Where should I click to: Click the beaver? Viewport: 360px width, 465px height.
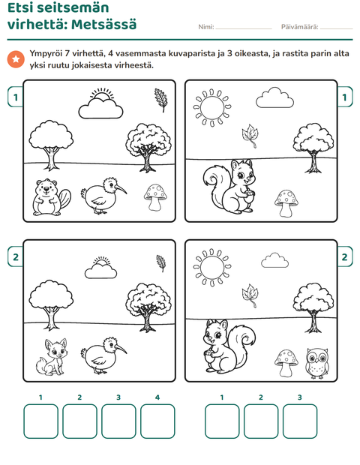click(x=50, y=197)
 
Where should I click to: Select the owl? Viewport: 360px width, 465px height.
click(x=317, y=363)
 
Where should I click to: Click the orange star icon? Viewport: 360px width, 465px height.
click(x=16, y=59)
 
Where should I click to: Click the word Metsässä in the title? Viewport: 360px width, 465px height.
click(x=103, y=24)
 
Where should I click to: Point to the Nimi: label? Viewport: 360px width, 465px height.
click(x=206, y=27)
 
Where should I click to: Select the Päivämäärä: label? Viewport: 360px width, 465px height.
click(x=299, y=27)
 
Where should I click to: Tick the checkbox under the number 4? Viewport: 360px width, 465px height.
click(x=157, y=421)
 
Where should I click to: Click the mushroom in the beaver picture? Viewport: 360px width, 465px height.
click(x=155, y=197)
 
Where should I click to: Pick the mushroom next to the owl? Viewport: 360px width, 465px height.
click(x=286, y=363)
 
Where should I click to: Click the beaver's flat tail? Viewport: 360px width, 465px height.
click(x=65, y=198)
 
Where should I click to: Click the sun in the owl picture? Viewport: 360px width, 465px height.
click(x=212, y=267)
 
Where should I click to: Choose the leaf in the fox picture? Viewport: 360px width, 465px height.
click(x=161, y=263)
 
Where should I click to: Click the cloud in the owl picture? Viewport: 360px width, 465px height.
click(x=275, y=260)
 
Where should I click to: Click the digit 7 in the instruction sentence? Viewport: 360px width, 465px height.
click(x=67, y=54)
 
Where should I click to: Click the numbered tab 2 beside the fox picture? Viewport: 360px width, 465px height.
click(x=16, y=256)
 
